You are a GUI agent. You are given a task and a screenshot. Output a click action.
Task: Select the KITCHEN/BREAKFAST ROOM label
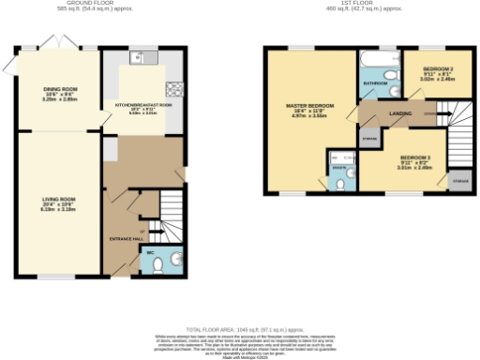pos(143,105)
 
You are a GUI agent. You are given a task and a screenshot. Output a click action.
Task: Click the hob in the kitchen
pos(174,90)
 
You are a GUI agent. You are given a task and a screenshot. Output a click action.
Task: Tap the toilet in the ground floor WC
pos(158,265)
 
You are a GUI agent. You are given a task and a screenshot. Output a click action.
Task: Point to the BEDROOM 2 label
pos(437,70)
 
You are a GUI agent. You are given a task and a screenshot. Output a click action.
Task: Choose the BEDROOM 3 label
pos(415,157)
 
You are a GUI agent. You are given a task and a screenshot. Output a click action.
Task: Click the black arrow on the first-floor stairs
pos(444,115)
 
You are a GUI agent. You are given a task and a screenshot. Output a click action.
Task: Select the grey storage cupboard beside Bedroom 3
pos(460,179)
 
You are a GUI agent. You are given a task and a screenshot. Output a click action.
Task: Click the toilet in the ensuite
pos(350,173)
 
